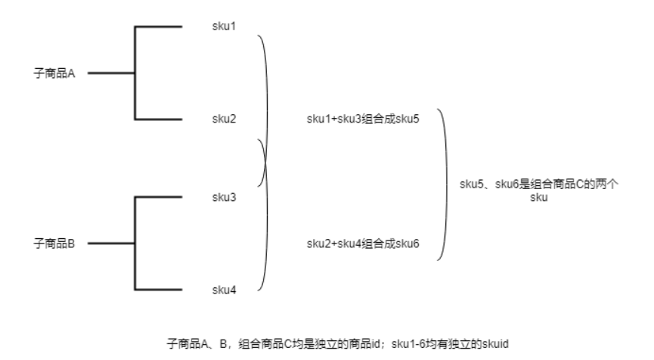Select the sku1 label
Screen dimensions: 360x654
click(x=224, y=26)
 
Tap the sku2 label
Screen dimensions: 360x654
click(x=224, y=119)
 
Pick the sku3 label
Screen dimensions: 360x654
click(x=224, y=197)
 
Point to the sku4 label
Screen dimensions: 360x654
click(x=224, y=290)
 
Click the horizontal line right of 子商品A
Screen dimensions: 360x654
click(x=110, y=73)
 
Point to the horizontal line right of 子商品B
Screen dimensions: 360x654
click(x=110, y=244)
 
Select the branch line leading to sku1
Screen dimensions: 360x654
click(x=159, y=27)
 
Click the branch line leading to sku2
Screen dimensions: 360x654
click(x=159, y=120)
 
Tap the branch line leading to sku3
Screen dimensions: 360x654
click(x=159, y=197)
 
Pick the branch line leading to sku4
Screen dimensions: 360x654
click(x=159, y=290)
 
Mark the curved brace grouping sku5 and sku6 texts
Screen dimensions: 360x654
click(x=451, y=185)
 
